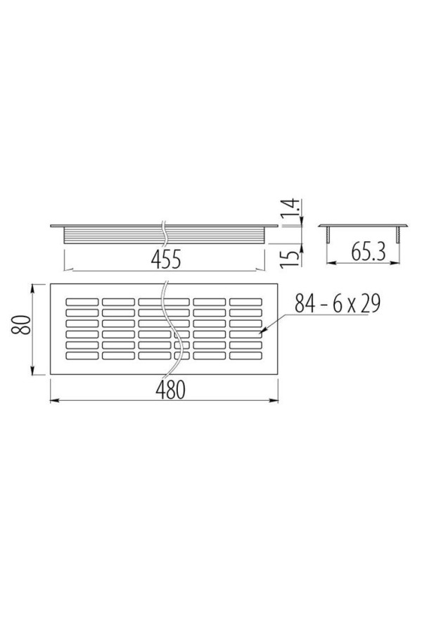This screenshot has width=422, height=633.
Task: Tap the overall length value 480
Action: [170, 390]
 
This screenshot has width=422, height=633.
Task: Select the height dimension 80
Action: [21, 325]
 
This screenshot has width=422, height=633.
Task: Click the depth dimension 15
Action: [290, 257]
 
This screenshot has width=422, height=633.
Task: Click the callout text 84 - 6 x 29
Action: [338, 303]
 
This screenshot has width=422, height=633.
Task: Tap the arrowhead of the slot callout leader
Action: [261, 333]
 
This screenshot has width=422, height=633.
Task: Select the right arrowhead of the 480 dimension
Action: [274, 400]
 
